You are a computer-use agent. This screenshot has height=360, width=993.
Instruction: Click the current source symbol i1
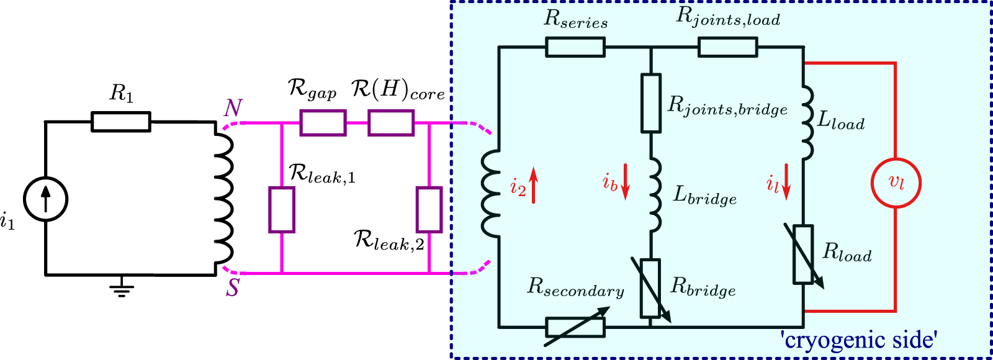coord(45,199)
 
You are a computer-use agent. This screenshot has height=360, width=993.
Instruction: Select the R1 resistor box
coord(121,122)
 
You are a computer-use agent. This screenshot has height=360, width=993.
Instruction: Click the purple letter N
coord(233,109)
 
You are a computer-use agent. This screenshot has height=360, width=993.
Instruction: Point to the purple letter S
coord(232,287)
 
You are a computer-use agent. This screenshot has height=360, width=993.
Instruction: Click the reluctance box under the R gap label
coord(323,123)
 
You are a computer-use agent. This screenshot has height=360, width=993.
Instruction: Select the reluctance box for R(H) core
coord(391,123)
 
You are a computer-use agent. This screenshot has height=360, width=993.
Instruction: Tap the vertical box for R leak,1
coord(282,210)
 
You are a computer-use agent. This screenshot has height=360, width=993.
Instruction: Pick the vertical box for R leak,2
coord(429,210)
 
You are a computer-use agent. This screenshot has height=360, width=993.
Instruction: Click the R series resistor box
coord(575,47)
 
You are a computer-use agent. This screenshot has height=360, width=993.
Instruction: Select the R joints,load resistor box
coord(727,47)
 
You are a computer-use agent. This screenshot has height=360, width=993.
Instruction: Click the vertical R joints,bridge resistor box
coord(650,103)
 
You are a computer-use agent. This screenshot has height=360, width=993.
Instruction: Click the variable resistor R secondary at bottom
coord(575,327)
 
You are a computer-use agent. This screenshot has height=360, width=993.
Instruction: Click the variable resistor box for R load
coord(804,254)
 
